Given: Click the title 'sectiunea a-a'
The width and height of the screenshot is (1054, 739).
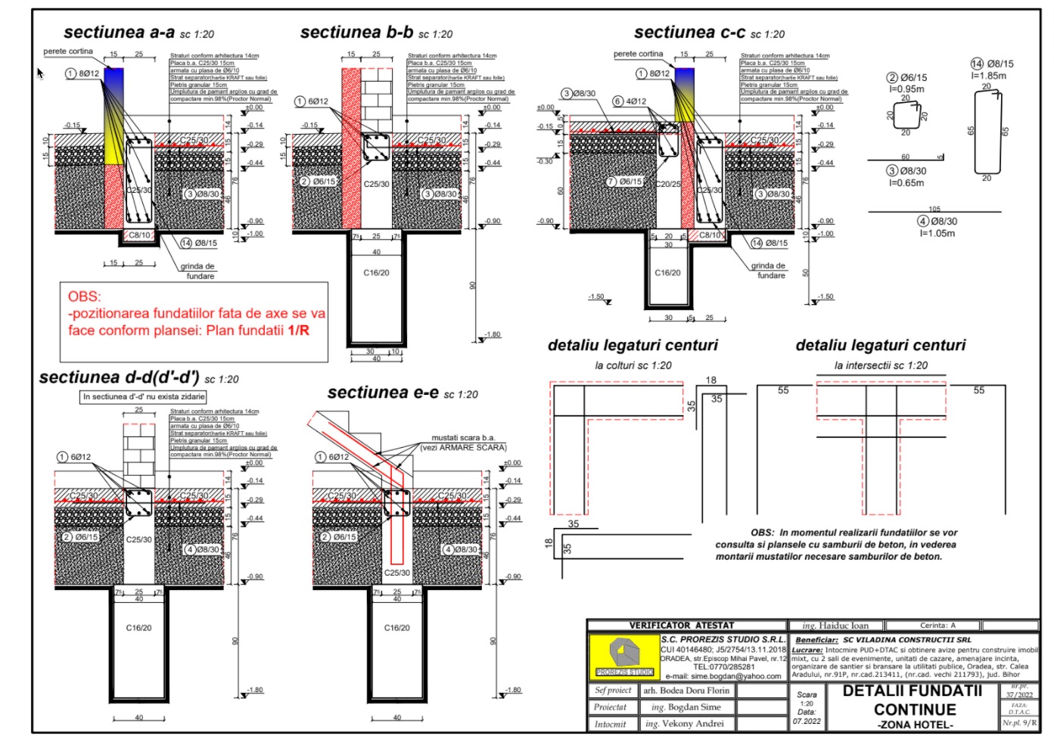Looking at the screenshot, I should (x=120, y=33).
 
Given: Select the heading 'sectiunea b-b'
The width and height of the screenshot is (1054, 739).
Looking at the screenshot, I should (x=356, y=33).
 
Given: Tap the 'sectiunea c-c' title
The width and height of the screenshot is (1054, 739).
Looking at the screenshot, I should (x=689, y=33).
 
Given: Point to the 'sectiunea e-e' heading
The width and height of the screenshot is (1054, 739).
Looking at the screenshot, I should (x=383, y=393).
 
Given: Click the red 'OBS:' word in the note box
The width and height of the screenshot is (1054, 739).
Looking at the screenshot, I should (x=84, y=297).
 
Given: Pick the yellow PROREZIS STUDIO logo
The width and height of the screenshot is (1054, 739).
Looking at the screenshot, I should (x=624, y=655).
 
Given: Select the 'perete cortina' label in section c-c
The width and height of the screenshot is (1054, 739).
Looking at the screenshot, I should (x=638, y=54).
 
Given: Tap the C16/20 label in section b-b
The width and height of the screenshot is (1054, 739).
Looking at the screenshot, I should (x=376, y=273).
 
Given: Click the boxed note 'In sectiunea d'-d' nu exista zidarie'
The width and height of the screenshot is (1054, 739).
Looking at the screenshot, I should (x=144, y=396).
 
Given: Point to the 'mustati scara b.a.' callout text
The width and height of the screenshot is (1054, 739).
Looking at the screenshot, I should (x=462, y=438).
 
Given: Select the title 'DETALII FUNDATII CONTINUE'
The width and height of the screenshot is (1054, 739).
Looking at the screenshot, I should (x=914, y=700).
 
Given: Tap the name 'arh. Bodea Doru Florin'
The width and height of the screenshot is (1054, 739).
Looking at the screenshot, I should (x=686, y=691).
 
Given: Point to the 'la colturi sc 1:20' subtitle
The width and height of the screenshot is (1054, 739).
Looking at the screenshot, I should (x=633, y=365).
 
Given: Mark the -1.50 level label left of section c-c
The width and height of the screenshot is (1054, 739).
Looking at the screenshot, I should (x=596, y=297).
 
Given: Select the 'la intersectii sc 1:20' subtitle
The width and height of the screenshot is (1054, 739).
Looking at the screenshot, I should (x=881, y=365).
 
